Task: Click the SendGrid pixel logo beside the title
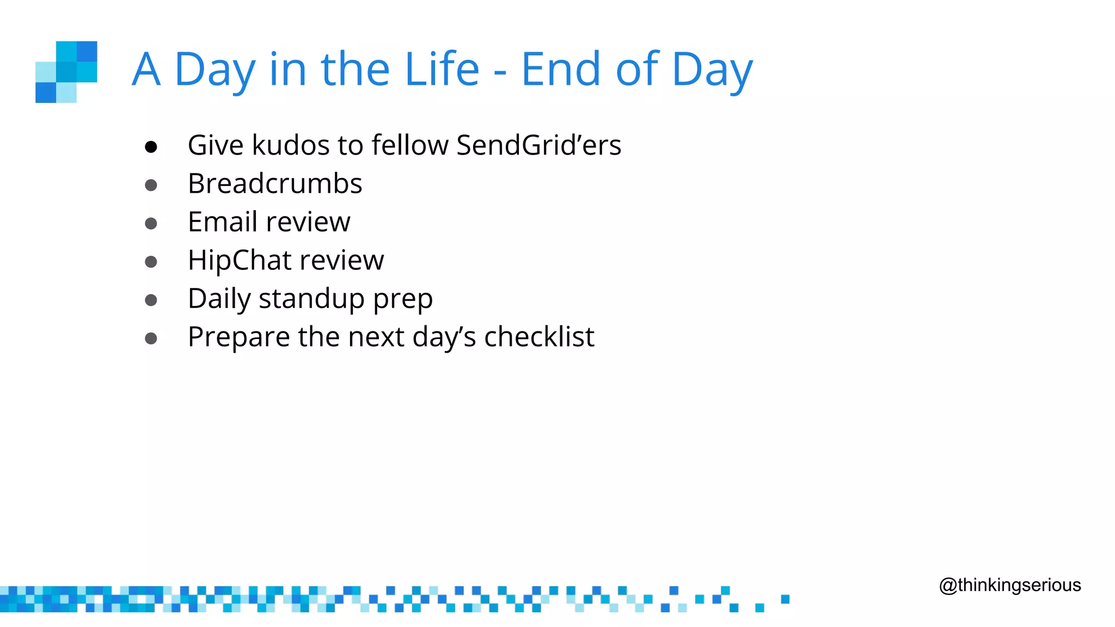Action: [66, 72]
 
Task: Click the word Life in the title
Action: [442, 69]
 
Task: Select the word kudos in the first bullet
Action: [291, 145]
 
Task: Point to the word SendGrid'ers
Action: [538, 145]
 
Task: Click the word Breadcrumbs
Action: [275, 183]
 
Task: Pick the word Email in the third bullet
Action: [222, 222]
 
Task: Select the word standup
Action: [311, 299]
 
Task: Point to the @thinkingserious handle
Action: [1010, 585]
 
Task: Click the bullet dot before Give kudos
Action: [151, 147]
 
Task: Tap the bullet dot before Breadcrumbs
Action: [151, 186]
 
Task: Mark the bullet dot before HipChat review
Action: [151, 262]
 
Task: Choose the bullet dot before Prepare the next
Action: [151, 339]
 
